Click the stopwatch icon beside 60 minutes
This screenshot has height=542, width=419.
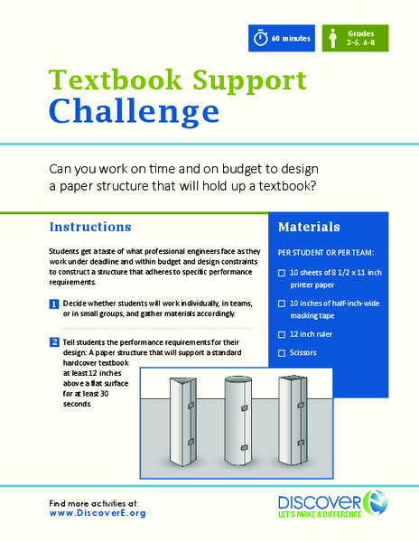(x=261, y=39)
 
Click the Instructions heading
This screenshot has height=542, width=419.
(x=90, y=226)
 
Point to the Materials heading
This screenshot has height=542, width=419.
(x=309, y=227)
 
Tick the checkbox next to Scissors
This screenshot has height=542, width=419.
(x=282, y=353)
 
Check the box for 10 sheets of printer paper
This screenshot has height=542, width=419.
(x=282, y=272)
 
